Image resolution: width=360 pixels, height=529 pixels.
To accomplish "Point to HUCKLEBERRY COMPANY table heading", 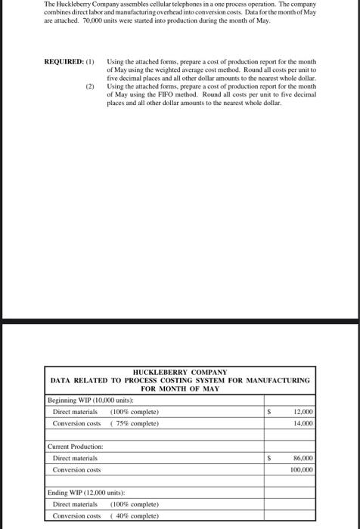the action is (180, 372).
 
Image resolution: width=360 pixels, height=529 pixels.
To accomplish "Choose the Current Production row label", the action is (76, 447).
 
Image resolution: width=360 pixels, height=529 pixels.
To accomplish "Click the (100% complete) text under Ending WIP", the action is (135, 504).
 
